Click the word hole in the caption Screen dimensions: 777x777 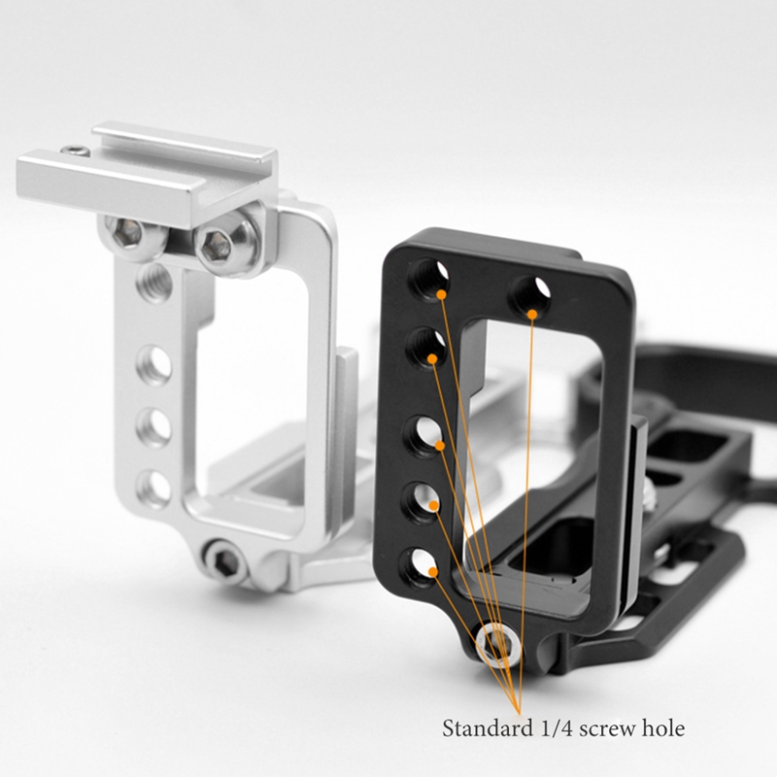(x=660, y=727)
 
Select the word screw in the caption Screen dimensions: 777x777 (x=606, y=727)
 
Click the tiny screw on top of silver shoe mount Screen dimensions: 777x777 (x=73, y=151)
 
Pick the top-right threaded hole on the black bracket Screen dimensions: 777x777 (x=532, y=293)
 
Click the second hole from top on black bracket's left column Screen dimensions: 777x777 (x=427, y=346)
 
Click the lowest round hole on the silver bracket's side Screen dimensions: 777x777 (x=153, y=488)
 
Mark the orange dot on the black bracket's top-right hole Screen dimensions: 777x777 (x=532, y=315)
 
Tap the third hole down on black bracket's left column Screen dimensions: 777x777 (x=425, y=436)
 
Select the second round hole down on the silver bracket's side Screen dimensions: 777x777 (x=153, y=425)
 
